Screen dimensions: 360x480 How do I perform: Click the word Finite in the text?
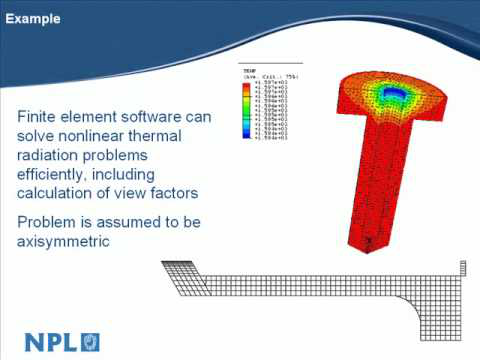coord(39,117)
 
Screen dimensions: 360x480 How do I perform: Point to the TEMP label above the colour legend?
coord(250,71)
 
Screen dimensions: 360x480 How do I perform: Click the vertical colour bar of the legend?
coord(246,115)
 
